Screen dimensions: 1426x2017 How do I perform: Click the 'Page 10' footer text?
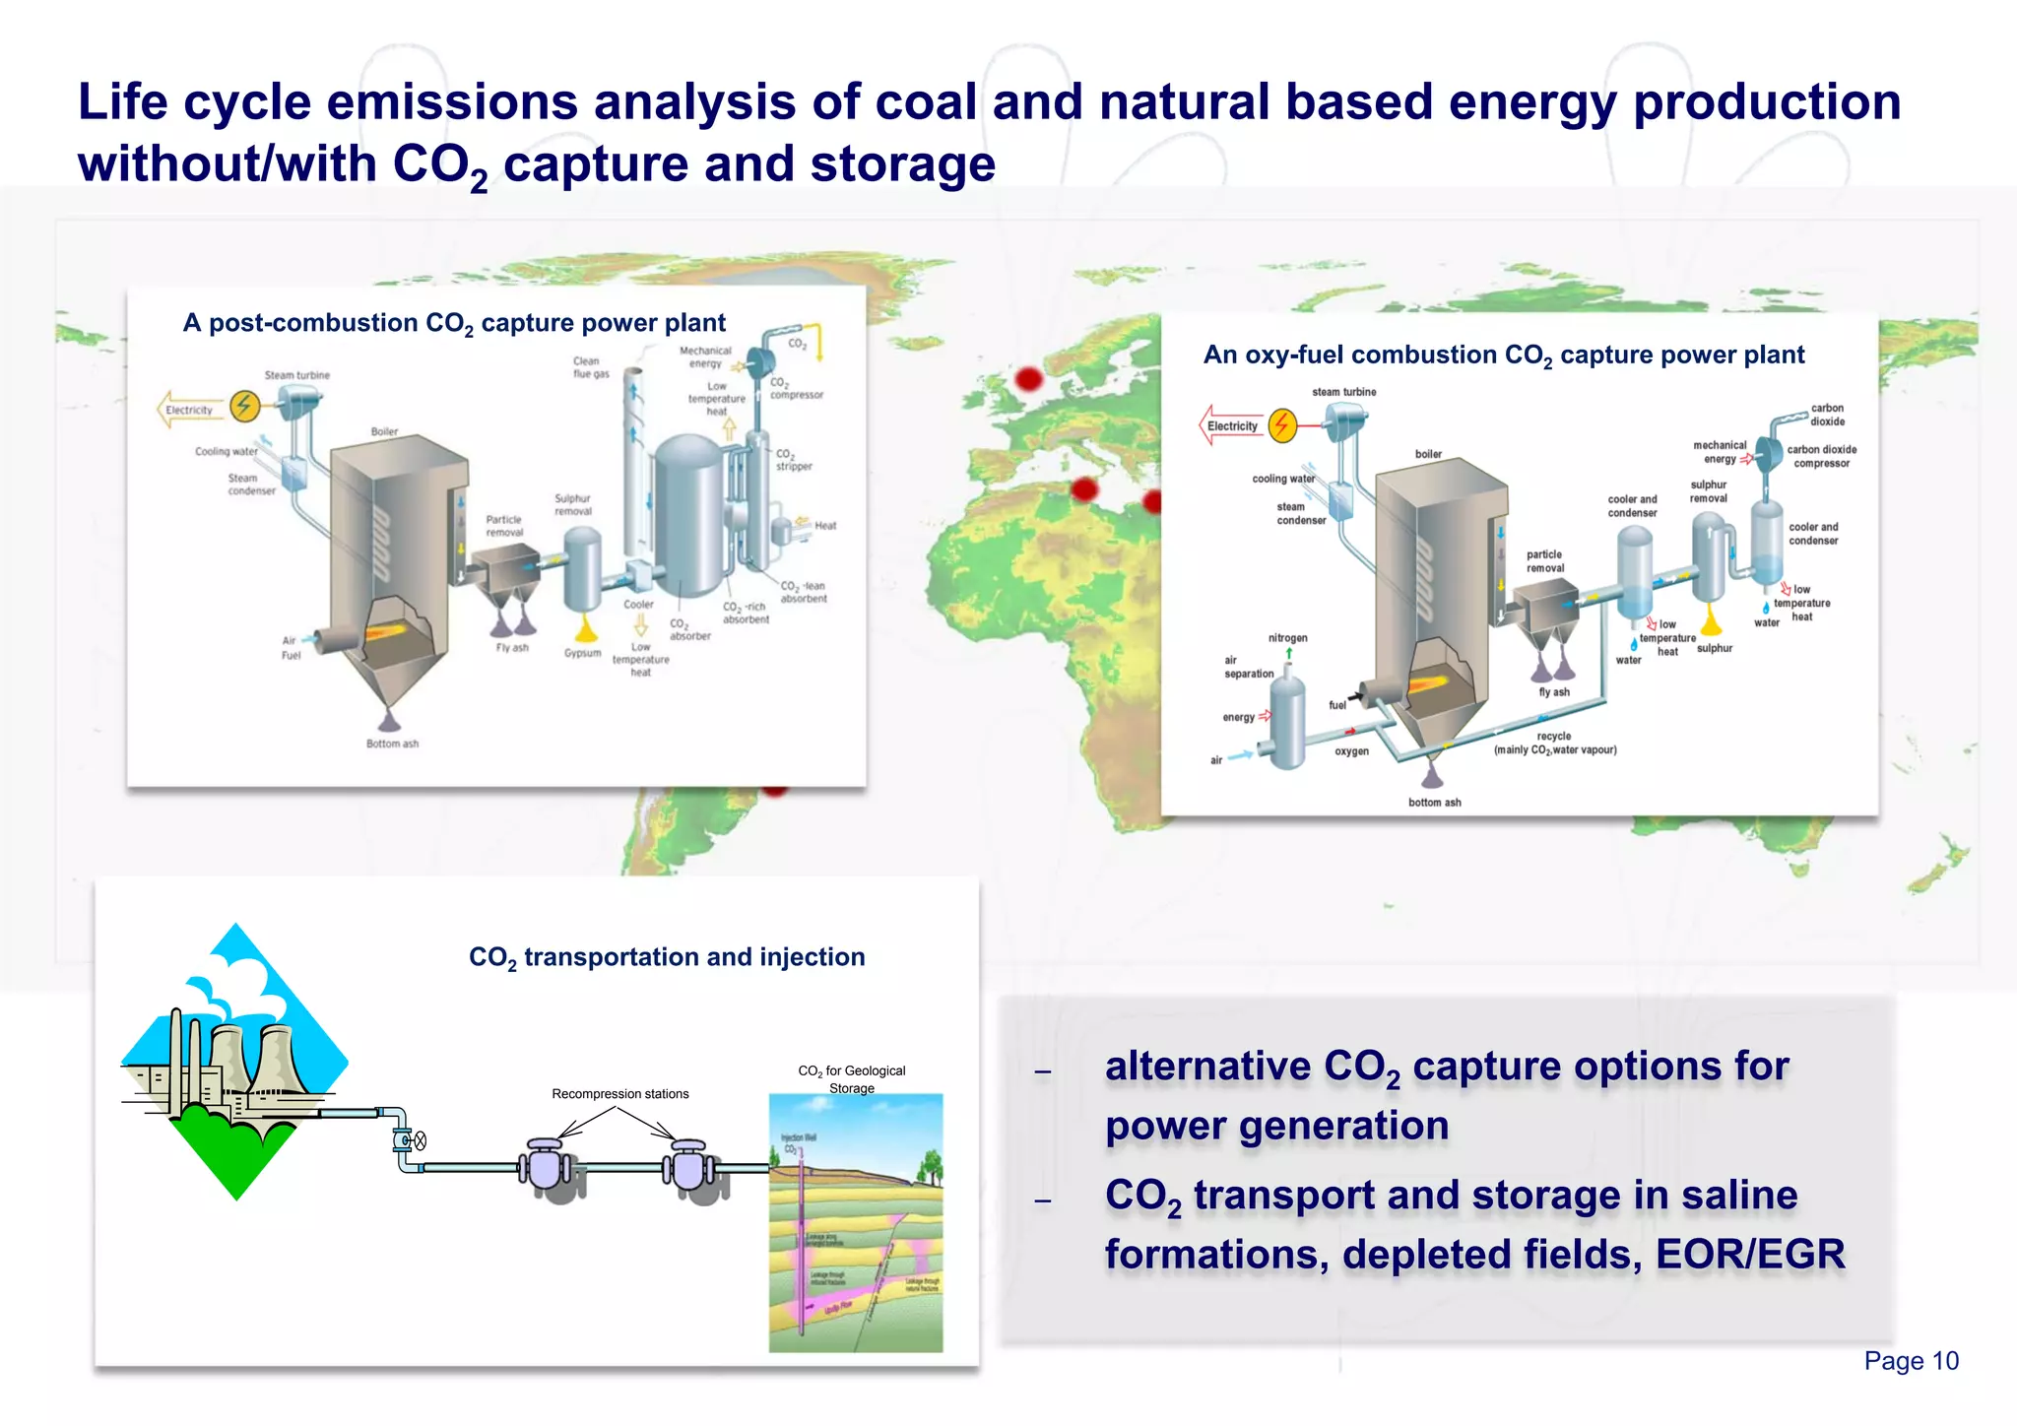click(1911, 1361)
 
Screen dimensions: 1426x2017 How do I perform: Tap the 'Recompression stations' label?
click(619, 1094)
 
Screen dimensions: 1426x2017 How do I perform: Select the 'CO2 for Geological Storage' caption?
click(851, 1079)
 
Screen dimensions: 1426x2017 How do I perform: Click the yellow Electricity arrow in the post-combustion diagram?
click(189, 410)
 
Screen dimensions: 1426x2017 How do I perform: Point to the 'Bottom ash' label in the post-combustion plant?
click(392, 744)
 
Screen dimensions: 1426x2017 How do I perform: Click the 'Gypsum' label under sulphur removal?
click(582, 653)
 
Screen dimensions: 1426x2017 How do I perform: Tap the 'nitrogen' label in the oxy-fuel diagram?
click(1287, 638)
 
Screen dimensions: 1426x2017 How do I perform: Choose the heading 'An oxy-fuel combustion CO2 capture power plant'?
click(1503, 356)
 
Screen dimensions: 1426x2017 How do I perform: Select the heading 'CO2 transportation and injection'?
click(667, 957)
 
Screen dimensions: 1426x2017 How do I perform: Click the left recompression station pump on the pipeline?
click(546, 1167)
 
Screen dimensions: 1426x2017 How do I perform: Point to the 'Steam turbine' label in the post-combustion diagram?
click(296, 375)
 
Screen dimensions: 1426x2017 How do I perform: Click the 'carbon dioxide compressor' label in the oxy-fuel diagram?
click(1821, 456)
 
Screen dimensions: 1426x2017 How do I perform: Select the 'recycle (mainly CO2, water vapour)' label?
click(1554, 744)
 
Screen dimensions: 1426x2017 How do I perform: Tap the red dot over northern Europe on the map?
click(1028, 378)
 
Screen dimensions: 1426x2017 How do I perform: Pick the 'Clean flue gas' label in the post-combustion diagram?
click(591, 367)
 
